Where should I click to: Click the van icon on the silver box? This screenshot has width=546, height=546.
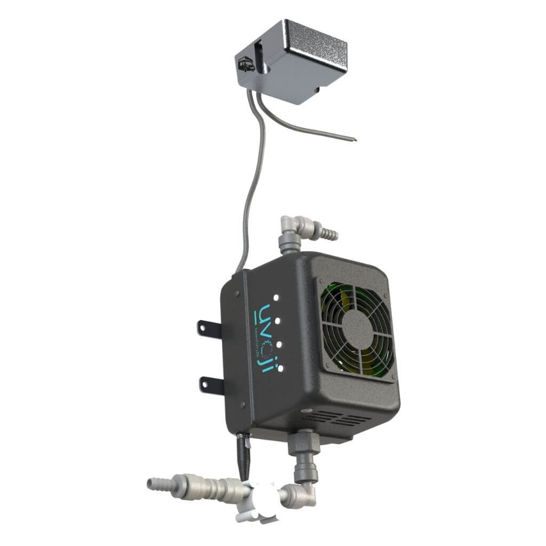click(245, 65)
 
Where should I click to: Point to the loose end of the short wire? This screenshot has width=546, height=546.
click(354, 140)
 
